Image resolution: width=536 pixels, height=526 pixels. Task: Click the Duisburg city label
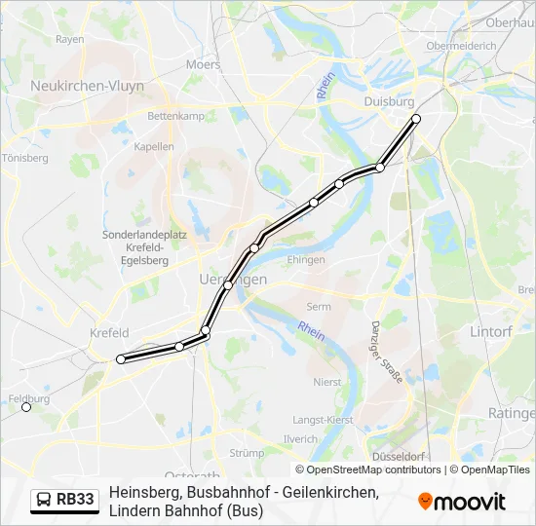pyautogui.click(x=389, y=101)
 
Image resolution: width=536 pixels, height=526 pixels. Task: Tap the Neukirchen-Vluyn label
pyautogui.click(x=88, y=87)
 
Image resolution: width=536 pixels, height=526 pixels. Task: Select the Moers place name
pyautogui.click(x=204, y=64)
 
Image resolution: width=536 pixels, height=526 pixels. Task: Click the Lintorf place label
pyautogui.click(x=490, y=332)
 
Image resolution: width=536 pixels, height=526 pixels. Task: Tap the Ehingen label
pyautogui.click(x=306, y=260)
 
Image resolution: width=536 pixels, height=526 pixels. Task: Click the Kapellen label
pyautogui.click(x=154, y=147)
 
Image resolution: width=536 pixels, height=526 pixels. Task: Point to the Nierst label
pyautogui.click(x=327, y=382)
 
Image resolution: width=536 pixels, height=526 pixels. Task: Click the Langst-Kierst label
pyautogui.click(x=323, y=420)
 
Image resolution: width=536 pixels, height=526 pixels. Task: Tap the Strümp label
pyautogui.click(x=247, y=453)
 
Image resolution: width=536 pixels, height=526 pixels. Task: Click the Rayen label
pyautogui.click(x=70, y=40)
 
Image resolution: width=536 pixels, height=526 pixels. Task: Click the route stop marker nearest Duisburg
pyautogui.click(x=416, y=119)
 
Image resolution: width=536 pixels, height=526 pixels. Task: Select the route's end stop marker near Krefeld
pyautogui.click(x=121, y=359)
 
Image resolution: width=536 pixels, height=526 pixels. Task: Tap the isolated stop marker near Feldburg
pyautogui.click(x=26, y=407)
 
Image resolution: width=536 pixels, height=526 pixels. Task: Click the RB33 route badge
pyautogui.click(x=65, y=501)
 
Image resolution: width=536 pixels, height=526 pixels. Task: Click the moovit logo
pyautogui.click(x=462, y=502)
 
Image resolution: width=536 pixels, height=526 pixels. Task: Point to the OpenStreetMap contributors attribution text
pyautogui.click(x=367, y=470)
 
